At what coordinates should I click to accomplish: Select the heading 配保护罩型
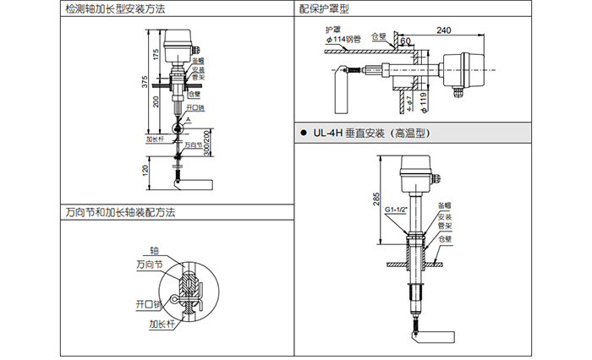click(x=324, y=8)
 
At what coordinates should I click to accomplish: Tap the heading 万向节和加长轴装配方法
click(x=118, y=213)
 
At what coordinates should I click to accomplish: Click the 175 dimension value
click(x=156, y=54)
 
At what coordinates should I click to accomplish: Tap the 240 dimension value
click(x=443, y=31)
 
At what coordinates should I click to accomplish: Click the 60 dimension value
click(x=406, y=41)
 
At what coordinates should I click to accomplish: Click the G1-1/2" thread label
click(x=397, y=209)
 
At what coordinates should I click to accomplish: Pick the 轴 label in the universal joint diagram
click(x=154, y=251)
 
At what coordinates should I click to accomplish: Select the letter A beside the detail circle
click(x=189, y=121)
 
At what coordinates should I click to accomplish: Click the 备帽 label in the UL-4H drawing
click(x=444, y=205)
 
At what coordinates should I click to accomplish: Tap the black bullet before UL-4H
click(x=303, y=134)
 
